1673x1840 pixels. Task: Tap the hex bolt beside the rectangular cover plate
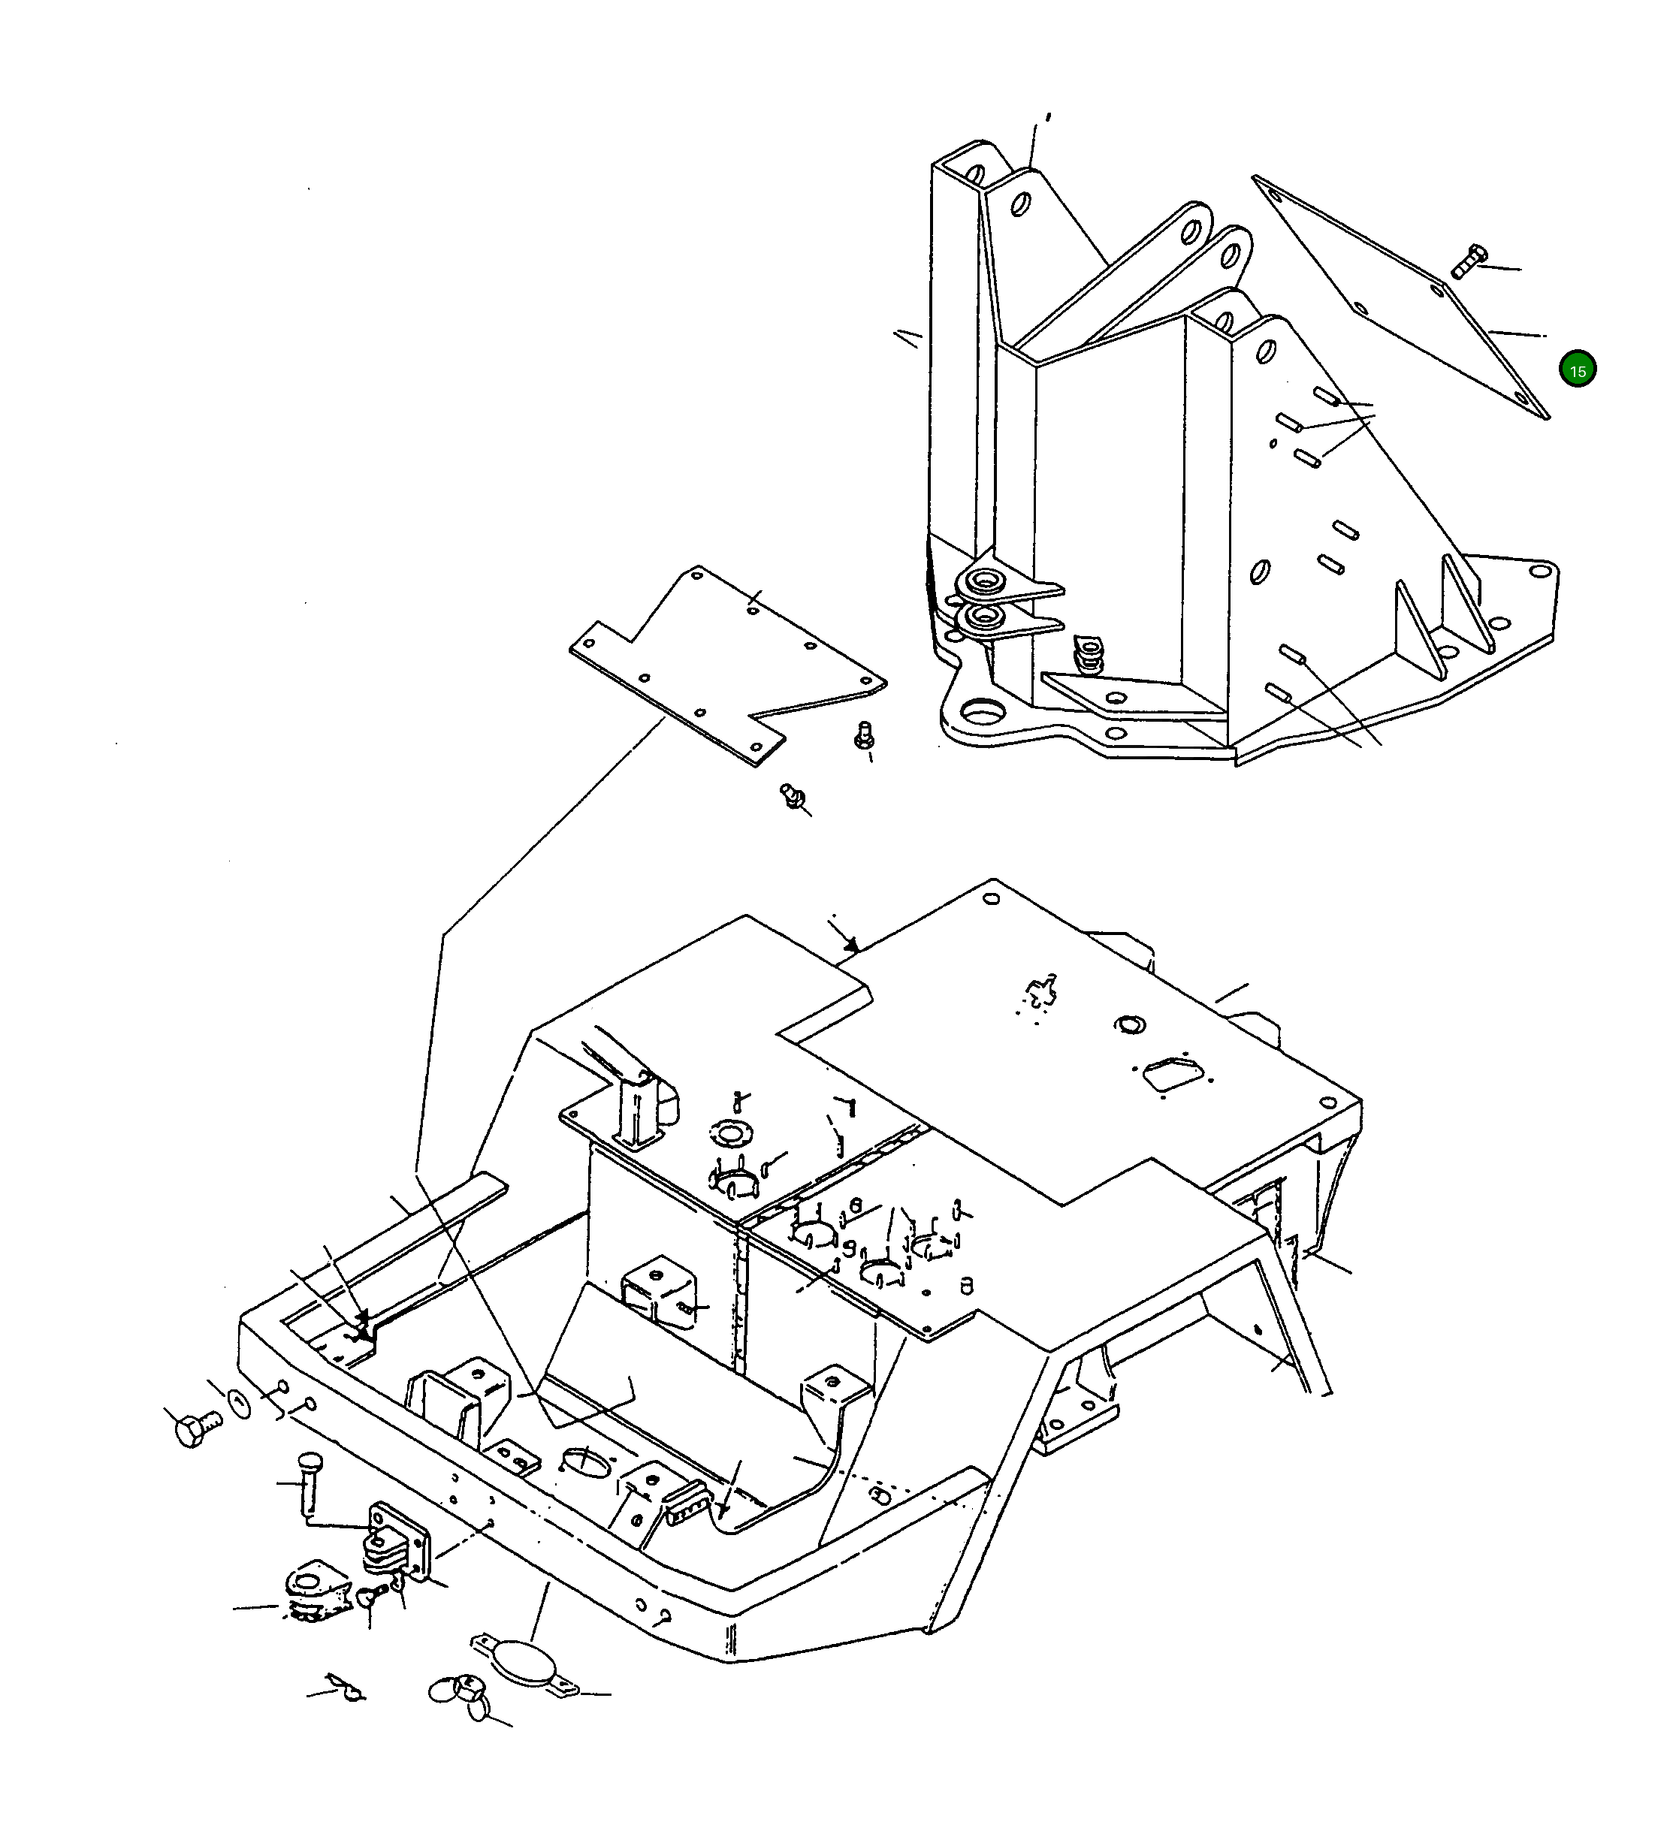coord(1469,261)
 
